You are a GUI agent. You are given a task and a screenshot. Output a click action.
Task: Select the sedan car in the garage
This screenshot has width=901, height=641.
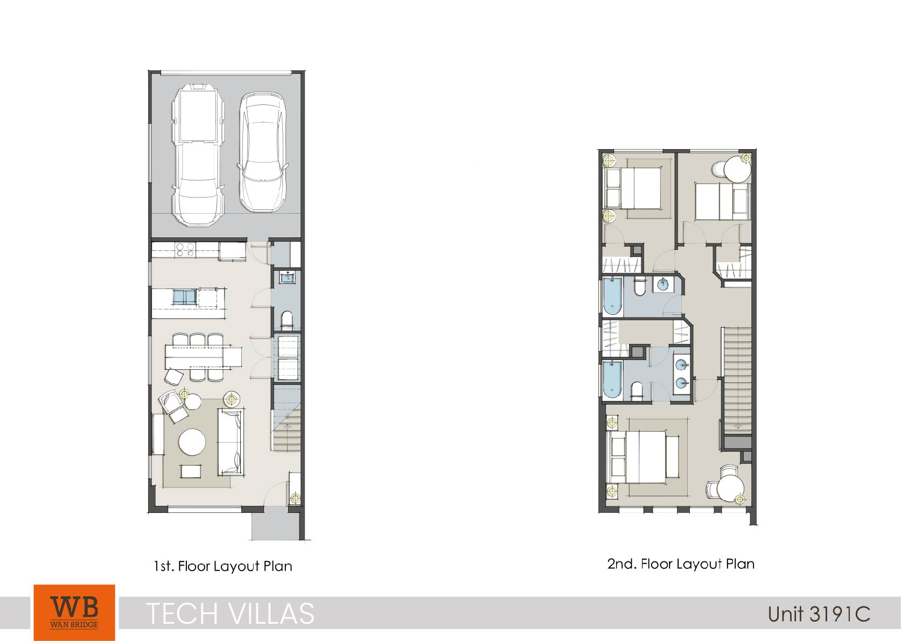(x=263, y=152)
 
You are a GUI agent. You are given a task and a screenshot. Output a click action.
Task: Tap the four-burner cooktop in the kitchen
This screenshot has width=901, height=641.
(x=185, y=249)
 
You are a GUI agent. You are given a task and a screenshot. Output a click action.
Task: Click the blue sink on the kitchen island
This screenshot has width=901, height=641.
(x=185, y=297)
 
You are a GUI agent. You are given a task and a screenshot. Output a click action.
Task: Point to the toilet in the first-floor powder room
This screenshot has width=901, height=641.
(x=287, y=320)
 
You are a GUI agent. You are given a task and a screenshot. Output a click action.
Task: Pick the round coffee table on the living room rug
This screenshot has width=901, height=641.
(x=192, y=442)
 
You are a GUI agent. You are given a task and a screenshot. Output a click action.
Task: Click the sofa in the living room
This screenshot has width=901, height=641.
(x=231, y=441)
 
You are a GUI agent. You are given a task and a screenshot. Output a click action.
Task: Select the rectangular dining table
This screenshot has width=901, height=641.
(x=204, y=357)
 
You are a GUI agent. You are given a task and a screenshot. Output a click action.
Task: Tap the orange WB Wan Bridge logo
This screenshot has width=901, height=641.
(x=74, y=612)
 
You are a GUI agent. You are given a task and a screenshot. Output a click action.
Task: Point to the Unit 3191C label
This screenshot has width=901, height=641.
(x=819, y=614)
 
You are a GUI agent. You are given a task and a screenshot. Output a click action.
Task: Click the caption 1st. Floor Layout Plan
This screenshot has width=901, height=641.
(x=223, y=566)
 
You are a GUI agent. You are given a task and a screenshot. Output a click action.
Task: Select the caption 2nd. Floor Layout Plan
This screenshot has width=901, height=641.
(x=681, y=564)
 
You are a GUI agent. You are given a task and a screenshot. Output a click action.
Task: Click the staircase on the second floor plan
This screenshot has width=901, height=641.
(x=738, y=381)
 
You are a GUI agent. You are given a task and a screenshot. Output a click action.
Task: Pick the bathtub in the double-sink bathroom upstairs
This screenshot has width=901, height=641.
(x=612, y=379)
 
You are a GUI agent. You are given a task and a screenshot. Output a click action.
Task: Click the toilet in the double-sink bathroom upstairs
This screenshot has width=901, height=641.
(x=637, y=391)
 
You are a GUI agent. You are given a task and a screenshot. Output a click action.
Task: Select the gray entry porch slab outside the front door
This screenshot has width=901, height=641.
(x=276, y=526)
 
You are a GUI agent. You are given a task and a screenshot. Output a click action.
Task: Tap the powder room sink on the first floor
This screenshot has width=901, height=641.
(x=288, y=277)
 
